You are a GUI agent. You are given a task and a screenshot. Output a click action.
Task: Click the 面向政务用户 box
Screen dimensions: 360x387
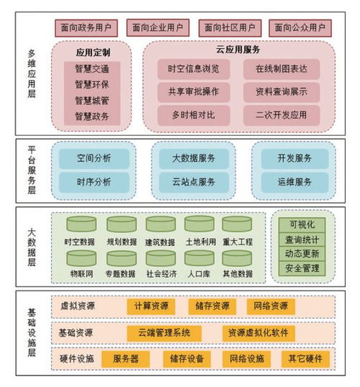pyautogui.click(x=86, y=28)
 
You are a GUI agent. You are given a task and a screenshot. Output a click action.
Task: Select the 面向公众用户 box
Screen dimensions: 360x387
pyautogui.click(x=300, y=28)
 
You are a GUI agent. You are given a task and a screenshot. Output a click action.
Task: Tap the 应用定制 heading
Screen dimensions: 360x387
pyautogui.click(x=93, y=53)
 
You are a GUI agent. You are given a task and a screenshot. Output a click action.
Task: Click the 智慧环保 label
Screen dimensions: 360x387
pyautogui.click(x=92, y=85)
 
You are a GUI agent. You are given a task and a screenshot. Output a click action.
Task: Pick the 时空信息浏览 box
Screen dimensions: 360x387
pyautogui.click(x=194, y=69)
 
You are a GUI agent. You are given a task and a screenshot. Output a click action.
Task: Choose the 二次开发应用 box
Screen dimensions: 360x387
pyautogui.click(x=282, y=115)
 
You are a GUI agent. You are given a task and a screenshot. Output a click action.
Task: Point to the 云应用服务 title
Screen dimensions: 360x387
pyautogui.click(x=238, y=50)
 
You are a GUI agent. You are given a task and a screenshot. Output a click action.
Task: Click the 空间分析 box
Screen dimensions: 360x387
pyautogui.click(x=94, y=158)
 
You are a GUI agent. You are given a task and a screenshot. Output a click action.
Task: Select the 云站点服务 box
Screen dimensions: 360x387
pyautogui.click(x=194, y=182)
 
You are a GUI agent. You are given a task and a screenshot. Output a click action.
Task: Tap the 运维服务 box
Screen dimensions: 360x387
pyautogui.click(x=294, y=182)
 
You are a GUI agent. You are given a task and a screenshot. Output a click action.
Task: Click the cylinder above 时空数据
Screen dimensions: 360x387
pyautogui.click(x=81, y=224)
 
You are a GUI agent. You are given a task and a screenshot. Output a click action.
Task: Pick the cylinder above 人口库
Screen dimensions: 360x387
pyautogui.click(x=199, y=258)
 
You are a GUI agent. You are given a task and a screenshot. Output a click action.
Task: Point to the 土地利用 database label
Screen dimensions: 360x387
pyautogui.click(x=201, y=242)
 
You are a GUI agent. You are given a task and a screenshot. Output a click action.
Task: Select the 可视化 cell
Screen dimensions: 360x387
pyautogui.click(x=302, y=225)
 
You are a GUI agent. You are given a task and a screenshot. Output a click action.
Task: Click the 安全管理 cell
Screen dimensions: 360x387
pyautogui.click(x=302, y=268)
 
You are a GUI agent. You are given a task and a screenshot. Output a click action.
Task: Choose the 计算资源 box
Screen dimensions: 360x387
pyautogui.click(x=151, y=306)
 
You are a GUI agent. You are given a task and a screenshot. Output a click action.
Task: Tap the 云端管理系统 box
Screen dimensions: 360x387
pyautogui.click(x=164, y=333)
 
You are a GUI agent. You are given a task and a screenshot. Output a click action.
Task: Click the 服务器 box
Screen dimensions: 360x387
pyautogui.click(x=125, y=359)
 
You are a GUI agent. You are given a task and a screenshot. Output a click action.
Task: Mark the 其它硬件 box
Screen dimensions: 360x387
pyautogui.click(x=305, y=359)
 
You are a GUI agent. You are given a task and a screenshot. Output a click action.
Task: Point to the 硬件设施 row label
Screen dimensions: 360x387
pyautogui.click(x=76, y=359)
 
